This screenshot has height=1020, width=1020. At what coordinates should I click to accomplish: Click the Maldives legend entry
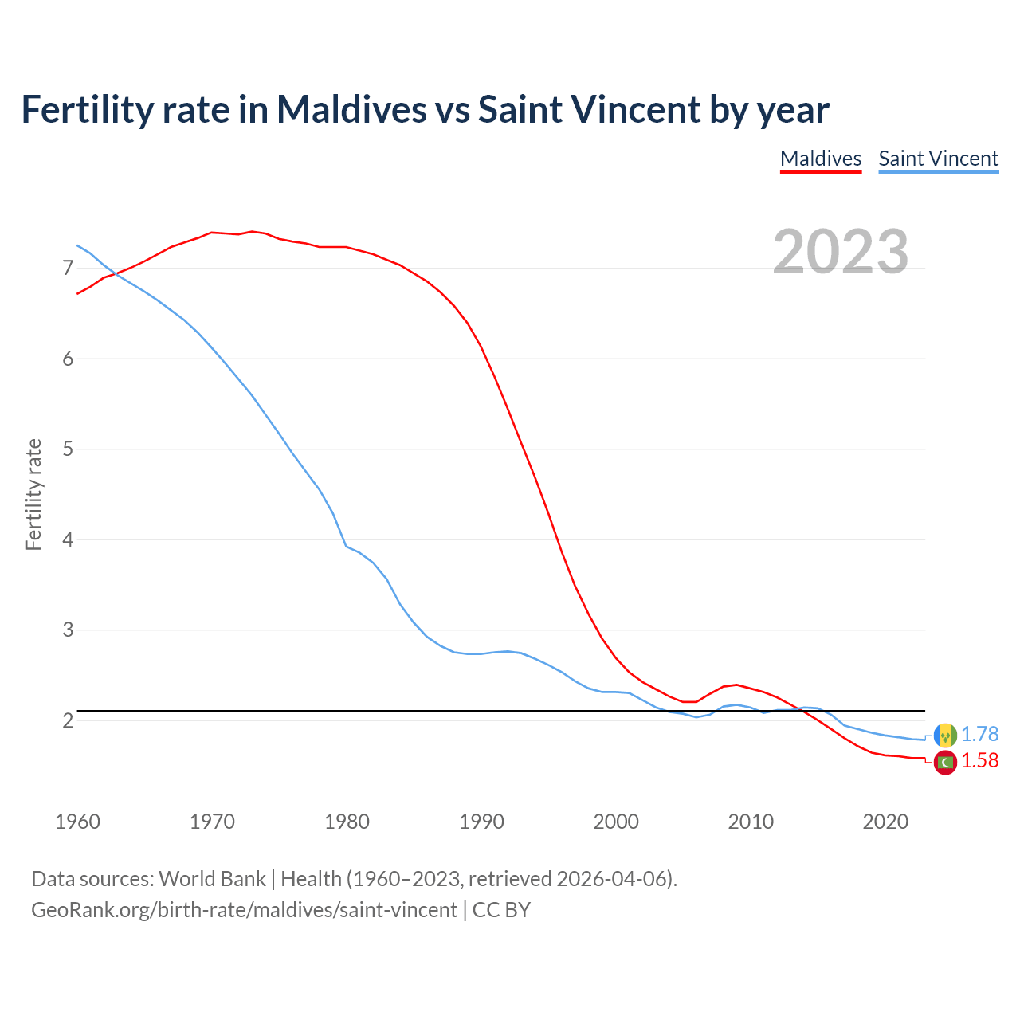pyautogui.click(x=821, y=159)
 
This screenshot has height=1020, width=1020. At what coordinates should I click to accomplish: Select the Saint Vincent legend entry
pyautogui.click(x=938, y=159)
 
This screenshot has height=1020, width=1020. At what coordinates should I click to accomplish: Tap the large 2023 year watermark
pyautogui.click(x=841, y=252)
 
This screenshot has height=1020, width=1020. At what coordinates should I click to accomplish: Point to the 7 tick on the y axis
pyautogui.click(x=68, y=268)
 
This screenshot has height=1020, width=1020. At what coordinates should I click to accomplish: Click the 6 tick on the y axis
pyautogui.click(x=68, y=359)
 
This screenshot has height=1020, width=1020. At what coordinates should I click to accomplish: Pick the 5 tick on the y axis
pyautogui.click(x=68, y=449)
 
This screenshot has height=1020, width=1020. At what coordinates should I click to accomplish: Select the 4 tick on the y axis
pyautogui.click(x=68, y=539)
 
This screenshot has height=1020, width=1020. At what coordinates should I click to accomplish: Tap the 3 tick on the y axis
pyautogui.click(x=68, y=630)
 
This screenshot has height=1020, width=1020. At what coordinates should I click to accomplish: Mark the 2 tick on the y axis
pyautogui.click(x=68, y=720)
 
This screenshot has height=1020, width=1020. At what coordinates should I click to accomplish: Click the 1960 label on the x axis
pyautogui.click(x=77, y=822)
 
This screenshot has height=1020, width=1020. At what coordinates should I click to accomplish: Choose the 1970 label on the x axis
pyautogui.click(x=212, y=822)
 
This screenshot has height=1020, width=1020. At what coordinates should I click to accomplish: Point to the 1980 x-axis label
pyautogui.click(x=347, y=822)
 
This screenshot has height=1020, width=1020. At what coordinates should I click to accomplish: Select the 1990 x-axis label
pyautogui.click(x=481, y=822)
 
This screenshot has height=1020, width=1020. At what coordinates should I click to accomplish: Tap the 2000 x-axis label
pyautogui.click(x=616, y=822)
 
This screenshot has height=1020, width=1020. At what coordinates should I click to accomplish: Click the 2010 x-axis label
pyautogui.click(x=751, y=822)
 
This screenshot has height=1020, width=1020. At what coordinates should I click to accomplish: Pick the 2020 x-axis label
pyautogui.click(x=885, y=822)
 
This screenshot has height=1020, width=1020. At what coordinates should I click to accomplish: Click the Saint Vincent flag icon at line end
pyautogui.click(x=945, y=735)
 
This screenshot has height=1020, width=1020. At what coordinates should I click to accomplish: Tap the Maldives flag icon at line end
pyautogui.click(x=945, y=762)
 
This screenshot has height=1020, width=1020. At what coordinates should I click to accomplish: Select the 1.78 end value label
pyautogui.click(x=979, y=734)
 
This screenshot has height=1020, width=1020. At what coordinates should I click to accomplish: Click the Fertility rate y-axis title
pyautogui.click(x=33, y=494)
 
